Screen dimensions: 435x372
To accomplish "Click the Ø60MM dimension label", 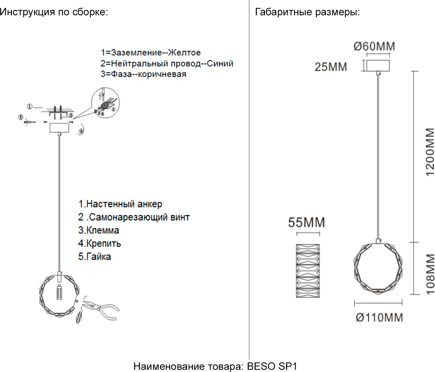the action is coord(374,46).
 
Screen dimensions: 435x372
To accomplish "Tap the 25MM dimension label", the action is coord(330,67).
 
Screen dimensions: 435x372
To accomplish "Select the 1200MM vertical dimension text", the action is coord(430,152).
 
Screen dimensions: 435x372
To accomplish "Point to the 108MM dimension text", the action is coord(430,274).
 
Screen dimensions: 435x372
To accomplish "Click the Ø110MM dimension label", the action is coord(379,317).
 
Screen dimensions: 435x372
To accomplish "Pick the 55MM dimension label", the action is coord(306,223).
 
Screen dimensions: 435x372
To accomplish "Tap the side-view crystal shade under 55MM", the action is coord(308,271).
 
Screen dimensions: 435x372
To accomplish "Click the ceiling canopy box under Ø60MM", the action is coord(378,66).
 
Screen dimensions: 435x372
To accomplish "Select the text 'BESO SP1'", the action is coord(272,366).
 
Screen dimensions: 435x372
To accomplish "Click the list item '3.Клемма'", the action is coord(99,230).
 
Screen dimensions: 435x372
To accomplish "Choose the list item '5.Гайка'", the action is coord(95,257).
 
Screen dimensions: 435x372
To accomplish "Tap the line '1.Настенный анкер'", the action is coord(120,204).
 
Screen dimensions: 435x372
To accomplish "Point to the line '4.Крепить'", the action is coord(100,243).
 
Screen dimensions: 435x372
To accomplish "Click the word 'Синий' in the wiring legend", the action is coord(220,63).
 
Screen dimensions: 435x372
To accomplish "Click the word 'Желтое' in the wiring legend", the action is coord(184,53).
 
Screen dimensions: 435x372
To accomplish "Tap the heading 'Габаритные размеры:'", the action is coord(307,12).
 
